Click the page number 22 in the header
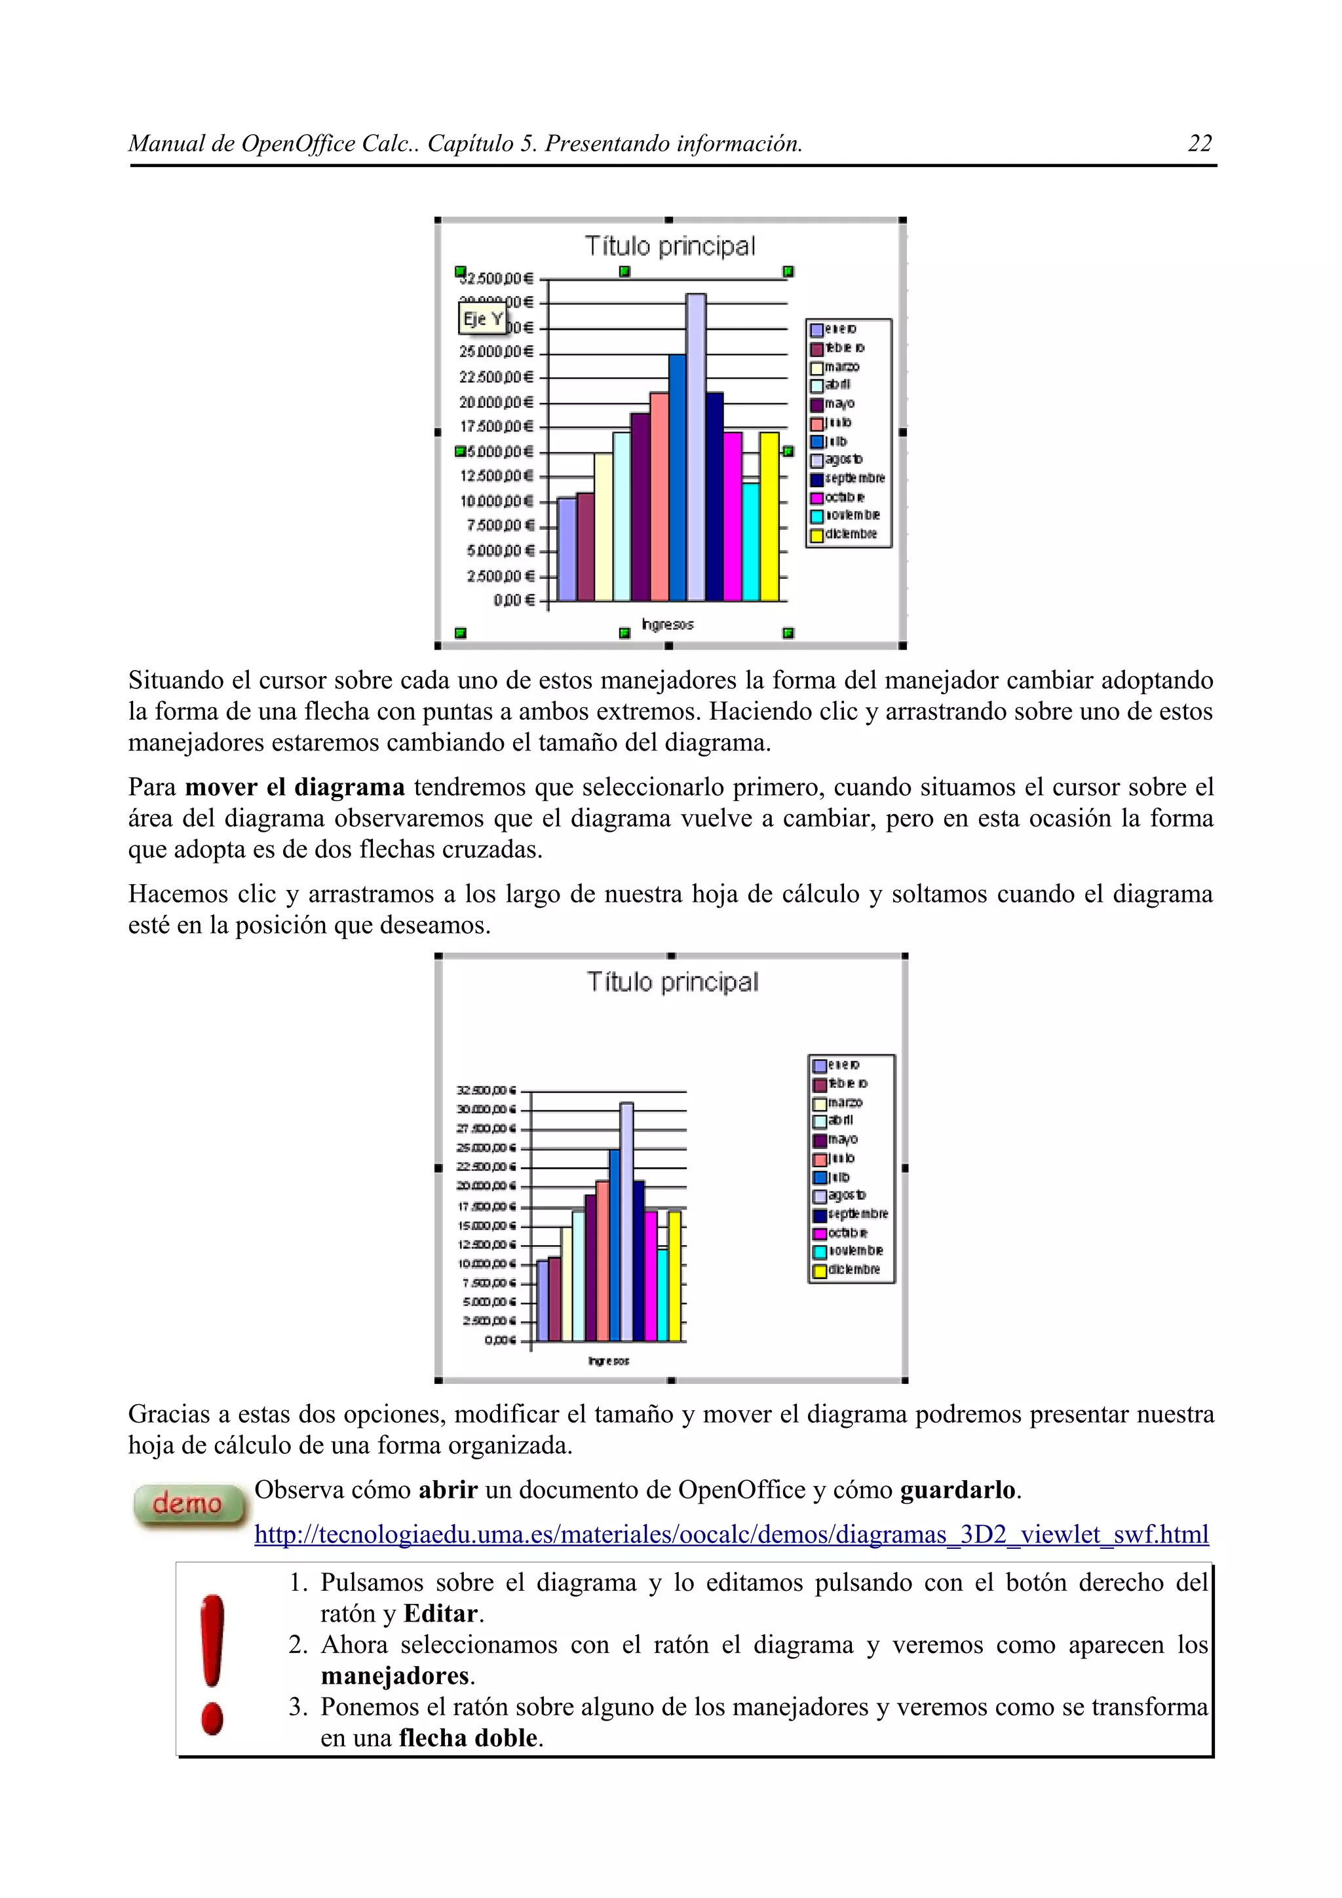(1199, 144)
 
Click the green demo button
(189, 1504)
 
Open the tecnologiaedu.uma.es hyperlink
(731, 1535)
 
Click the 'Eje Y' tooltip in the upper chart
(483, 319)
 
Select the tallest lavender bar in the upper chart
(695, 447)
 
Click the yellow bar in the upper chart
(769, 517)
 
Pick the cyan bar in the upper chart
(751, 542)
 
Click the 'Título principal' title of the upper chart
(670, 246)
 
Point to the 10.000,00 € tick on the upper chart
(497, 502)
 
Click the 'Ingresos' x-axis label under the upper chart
(667, 625)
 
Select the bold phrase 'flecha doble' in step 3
(467, 1738)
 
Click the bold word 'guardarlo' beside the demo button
(957, 1489)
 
